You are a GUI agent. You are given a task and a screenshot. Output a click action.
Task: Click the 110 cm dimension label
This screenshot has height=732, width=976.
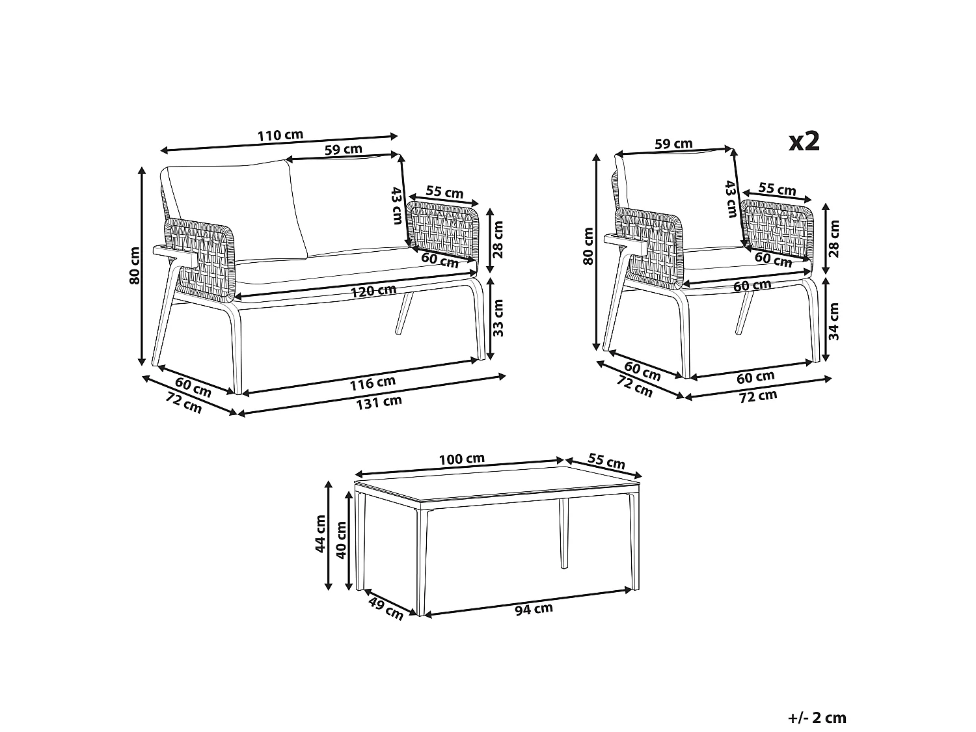[x=280, y=136]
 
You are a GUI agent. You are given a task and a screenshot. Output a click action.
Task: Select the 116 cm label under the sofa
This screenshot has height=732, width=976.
[x=372, y=384]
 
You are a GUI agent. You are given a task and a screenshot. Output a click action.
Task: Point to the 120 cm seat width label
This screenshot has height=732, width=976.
[x=373, y=291]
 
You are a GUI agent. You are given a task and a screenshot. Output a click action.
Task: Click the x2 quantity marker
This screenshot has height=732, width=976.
[x=804, y=141]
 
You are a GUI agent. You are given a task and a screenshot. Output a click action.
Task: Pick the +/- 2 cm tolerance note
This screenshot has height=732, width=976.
[x=817, y=718]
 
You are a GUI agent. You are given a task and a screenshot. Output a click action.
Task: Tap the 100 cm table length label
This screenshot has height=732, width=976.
[x=461, y=459]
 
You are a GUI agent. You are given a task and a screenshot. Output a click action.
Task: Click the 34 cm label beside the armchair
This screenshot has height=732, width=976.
[x=835, y=321]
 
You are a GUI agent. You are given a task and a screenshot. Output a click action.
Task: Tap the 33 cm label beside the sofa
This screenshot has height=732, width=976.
[x=499, y=317]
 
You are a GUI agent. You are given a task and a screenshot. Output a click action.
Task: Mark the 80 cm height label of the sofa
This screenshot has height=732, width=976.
[x=135, y=265]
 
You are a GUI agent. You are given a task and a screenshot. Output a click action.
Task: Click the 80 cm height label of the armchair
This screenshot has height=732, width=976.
[x=589, y=245]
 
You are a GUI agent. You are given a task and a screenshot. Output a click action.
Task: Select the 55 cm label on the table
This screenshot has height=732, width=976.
[x=606, y=461]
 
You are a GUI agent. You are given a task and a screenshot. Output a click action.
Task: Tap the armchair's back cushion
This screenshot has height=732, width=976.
[x=677, y=195]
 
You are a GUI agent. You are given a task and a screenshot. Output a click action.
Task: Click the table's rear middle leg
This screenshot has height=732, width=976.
[x=563, y=534]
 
